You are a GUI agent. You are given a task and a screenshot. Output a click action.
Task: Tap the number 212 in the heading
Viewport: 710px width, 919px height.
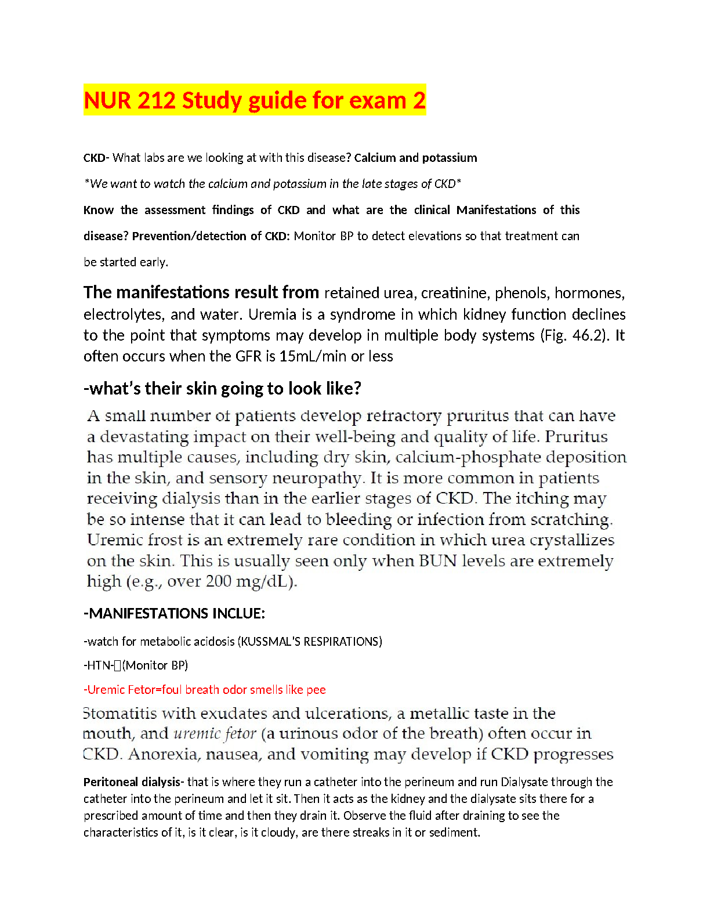(x=157, y=100)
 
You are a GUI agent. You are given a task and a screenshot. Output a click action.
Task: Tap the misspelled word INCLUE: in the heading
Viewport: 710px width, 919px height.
(x=239, y=614)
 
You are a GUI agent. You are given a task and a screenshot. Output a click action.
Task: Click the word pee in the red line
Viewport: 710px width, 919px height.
(x=316, y=690)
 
